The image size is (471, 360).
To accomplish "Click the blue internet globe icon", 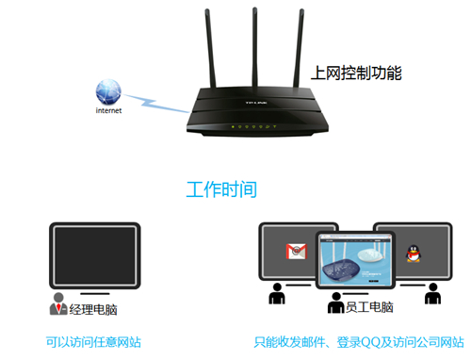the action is (x=108, y=91).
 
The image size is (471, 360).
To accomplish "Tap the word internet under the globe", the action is (x=108, y=110).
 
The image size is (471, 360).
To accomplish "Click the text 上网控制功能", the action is (x=356, y=72).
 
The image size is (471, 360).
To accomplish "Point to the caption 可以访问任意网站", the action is (x=94, y=341).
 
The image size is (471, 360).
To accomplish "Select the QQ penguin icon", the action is (x=412, y=253).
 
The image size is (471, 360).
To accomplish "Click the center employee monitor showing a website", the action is (x=354, y=259).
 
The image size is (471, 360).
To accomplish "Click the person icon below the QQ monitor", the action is (x=430, y=296).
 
